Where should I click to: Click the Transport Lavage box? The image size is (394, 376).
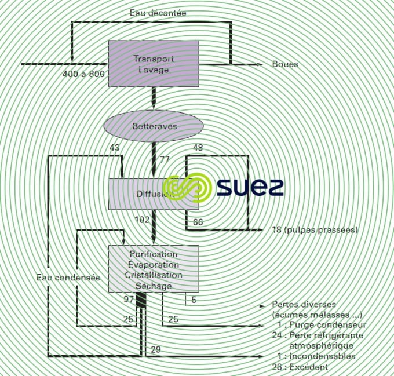(154, 64)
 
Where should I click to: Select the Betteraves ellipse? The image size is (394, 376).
(154, 126)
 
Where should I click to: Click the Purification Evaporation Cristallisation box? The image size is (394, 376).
(154, 269)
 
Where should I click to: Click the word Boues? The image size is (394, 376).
(285, 64)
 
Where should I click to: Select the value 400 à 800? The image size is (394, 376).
(83, 75)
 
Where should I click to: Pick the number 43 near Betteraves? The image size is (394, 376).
(114, 148)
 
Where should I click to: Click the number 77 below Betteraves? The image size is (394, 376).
(165, 159)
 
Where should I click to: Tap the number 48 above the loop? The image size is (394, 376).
(198, 148)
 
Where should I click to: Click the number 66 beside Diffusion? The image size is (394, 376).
(198, 222)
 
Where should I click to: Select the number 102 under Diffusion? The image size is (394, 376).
(141, 220)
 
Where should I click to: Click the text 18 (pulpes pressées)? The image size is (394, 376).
(315, 230)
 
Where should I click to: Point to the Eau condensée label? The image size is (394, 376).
(68, 278)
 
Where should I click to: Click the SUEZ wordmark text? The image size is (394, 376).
(250, 187)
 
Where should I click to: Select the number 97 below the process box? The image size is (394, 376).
(129, 300)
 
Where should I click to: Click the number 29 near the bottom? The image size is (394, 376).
(155, 349)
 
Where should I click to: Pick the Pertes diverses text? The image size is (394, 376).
(304, 305)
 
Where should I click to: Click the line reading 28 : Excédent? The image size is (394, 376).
(302, 367)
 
